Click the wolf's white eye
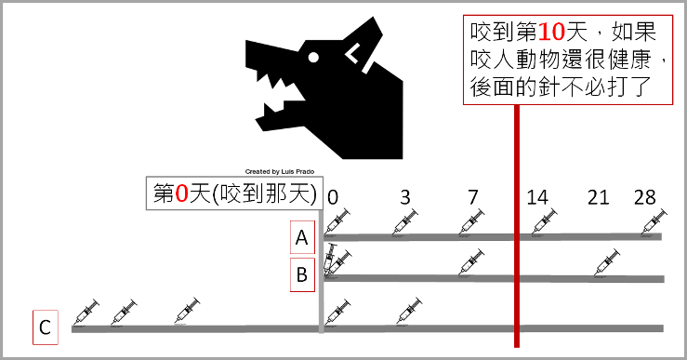coord(313,58)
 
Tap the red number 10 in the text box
coord(551,32)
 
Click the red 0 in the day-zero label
coord(181,193)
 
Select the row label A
coord(302,237)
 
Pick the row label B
coord(302,274)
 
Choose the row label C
coord(46,327)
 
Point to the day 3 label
coord(404,197)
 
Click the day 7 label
coord(473,197)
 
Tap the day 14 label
coord(537,197)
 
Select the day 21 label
coord(598,197)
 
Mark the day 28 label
coord(644,197)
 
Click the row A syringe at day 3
coord(405,222)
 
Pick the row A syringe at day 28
coord(654,222)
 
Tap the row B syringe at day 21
coord(608,262)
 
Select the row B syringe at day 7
coord(471,262)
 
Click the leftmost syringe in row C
coord(86,313)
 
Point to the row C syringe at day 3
coord(410,312)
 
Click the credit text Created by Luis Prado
coord(280,171)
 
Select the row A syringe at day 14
coord(545,222)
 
